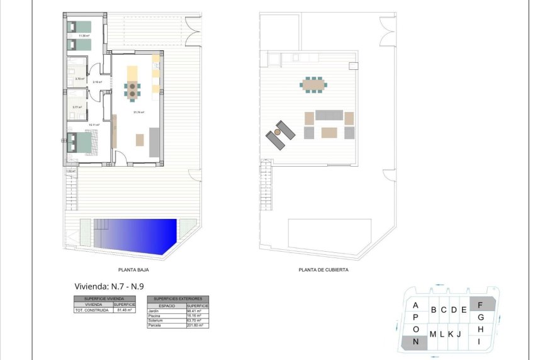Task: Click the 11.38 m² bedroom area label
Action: click(x=83, y=36)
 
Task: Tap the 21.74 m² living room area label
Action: click(x=138, y=112)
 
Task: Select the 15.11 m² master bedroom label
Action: click(x=94, y=125)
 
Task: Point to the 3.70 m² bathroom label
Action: click(x=79, y=79)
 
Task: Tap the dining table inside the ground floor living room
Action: click(x=133, y=91)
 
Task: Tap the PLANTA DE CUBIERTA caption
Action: click(x=323, y=269)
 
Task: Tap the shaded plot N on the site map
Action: click(x=415, y=342)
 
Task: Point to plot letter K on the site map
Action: click(x=451, y=334)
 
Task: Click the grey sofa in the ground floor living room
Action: click(x=154, y=142)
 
